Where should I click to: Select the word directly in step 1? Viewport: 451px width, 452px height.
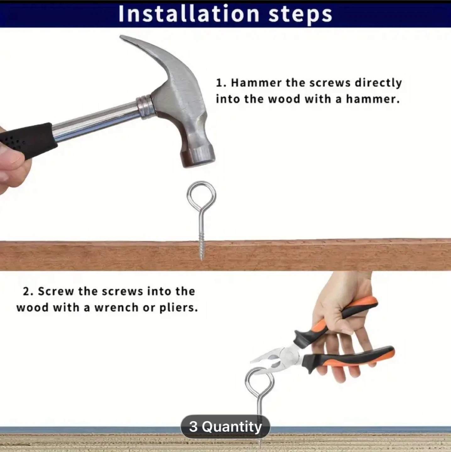point(378,83)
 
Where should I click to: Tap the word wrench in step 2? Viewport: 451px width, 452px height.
point(116,308)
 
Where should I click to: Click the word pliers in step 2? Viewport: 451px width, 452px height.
point(178,308)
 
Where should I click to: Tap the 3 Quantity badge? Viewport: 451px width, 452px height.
point(225,427)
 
